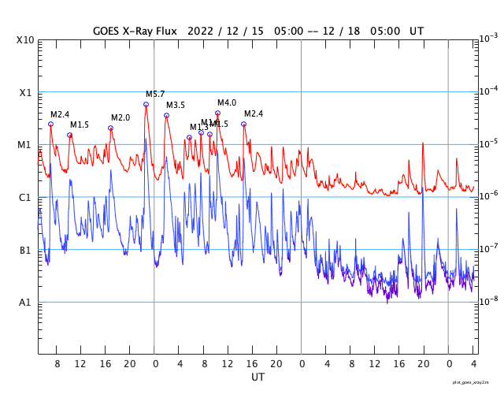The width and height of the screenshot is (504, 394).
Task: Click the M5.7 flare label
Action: click(155, 94)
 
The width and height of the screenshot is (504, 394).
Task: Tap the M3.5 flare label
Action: click(176, 105)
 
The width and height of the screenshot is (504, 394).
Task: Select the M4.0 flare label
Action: click(227, 102)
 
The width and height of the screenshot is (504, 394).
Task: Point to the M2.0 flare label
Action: click(120, 117)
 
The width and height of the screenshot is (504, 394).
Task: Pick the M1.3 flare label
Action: click(198, 127)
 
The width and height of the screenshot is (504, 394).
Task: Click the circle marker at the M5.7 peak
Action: click(146, 104)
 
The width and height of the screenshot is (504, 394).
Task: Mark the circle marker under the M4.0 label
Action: click(217, 113)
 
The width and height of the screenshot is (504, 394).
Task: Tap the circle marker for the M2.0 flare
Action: click(110, 128)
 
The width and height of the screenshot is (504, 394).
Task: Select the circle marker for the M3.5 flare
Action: click(166, 115)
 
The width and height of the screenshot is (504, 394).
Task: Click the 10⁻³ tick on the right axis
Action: click(489, 39)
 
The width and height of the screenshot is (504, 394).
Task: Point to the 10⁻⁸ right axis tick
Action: click(489, 302)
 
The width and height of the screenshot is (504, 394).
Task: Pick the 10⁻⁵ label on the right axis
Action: click(489, 144)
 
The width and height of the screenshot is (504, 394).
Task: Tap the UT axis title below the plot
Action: click(258, 377)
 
